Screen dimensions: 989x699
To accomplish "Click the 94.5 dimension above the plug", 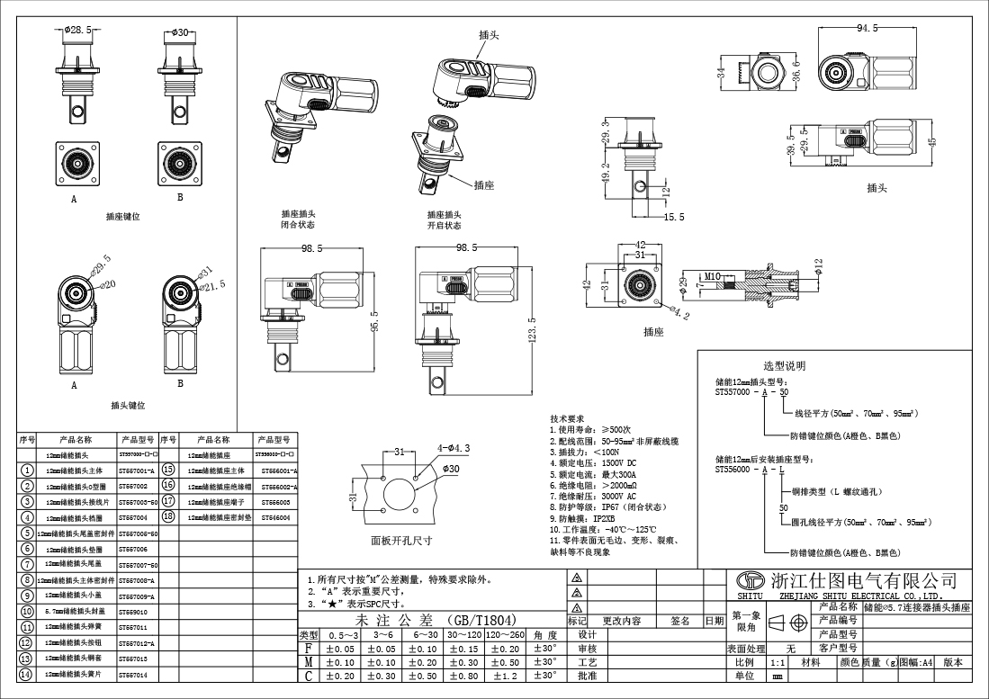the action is coord(867,28).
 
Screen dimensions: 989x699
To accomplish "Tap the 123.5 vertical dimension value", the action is coord(532,329).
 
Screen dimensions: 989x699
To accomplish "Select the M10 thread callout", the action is coord(713,276).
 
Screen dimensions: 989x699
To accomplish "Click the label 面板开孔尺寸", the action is coord(401,542).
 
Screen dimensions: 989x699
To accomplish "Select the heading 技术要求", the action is coord(567,419).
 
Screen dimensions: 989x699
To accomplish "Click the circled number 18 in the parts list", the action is coord(167,517).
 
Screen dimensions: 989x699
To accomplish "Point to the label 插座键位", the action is coord(123,217).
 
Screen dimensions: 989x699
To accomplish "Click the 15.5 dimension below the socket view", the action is coord(674,217).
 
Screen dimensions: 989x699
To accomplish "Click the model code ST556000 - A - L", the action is coord(751,469).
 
